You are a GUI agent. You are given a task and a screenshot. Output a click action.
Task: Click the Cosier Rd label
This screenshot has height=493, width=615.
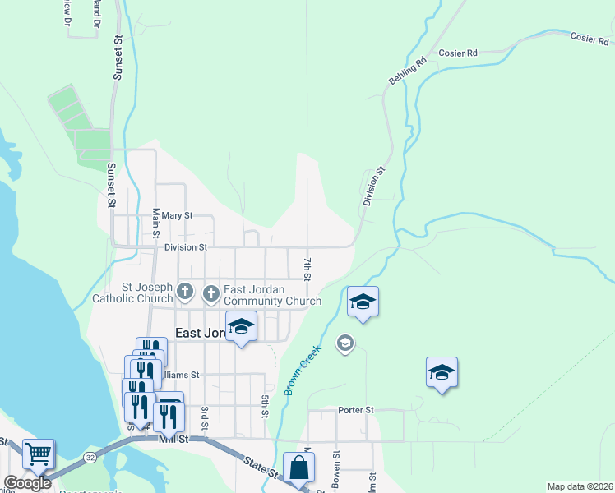[458, 53]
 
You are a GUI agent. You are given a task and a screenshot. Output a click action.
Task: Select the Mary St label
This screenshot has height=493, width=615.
[177, 215]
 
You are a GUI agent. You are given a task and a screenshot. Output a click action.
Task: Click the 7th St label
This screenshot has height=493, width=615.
[306, 269]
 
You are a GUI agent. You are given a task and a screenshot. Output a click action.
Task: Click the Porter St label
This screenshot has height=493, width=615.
[356, 409]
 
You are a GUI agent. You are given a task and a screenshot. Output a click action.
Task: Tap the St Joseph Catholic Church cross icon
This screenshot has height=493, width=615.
[187, 292]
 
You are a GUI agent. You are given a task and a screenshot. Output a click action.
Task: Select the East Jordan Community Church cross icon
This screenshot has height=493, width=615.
[211, 293]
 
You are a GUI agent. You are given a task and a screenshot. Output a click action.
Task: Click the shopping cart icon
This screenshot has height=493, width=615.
[38, 453]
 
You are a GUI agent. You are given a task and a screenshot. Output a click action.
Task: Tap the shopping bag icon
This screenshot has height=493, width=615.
[299, 468]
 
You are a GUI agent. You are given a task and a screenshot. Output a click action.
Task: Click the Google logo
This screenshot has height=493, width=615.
[27, 483]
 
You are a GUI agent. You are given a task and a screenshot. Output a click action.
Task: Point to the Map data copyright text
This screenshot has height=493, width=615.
[579, 486]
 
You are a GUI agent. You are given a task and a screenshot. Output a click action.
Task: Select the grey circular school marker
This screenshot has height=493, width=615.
[345, 342]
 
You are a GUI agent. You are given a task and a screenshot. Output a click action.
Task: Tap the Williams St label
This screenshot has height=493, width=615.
[181, 375]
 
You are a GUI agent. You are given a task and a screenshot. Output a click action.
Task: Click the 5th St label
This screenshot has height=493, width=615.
[266, 407]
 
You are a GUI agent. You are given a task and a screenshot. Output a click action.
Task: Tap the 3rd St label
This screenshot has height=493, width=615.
[205, 417]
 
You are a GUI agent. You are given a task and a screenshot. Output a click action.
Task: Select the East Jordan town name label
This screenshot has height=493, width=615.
[200, 332]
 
